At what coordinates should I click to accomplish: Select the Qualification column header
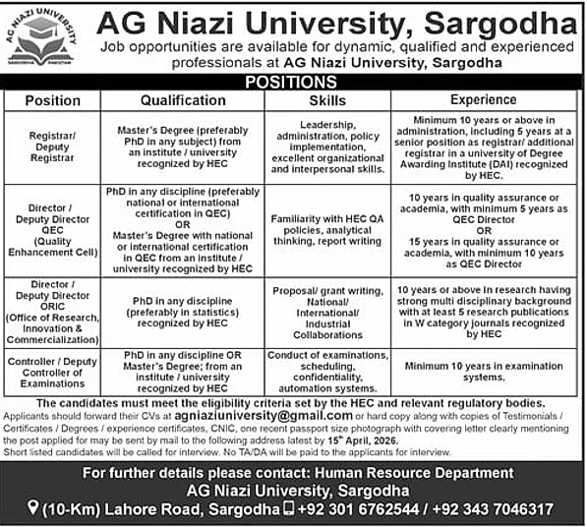[183, 100]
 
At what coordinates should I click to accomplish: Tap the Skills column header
[326, 100]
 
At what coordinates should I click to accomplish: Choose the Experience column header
[483, 100]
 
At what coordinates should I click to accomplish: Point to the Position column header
[53, 100]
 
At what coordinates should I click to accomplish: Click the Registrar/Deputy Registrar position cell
[53, 146]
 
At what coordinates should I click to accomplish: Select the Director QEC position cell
[53, 230]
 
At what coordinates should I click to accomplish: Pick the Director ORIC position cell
[53, 312]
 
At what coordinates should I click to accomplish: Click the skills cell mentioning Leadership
[326, 146]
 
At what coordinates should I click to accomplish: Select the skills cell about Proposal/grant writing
[326, 312]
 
